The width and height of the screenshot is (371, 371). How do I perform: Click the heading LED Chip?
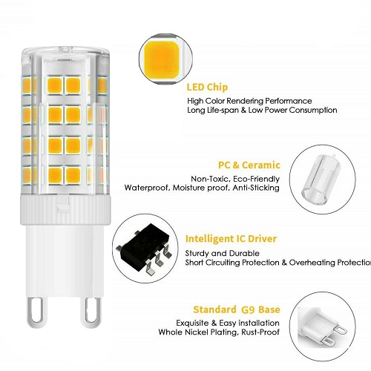pyautogui.click(x=207, y=88)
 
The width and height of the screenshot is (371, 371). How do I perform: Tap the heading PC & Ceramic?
pyautogui.click(x=249, y=165)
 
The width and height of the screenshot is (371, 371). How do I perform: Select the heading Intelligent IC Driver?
pyautogui.click(x=231, y=239)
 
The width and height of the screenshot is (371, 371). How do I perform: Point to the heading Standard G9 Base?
pyautogui.click(x=237, y=309)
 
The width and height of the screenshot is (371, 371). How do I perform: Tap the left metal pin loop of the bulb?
pyautogui.click(x=37, y=312)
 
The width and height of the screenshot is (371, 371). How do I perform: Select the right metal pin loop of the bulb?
pyautogui.click(x=91, y=312)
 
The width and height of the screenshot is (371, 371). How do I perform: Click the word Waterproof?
pyautogui.click(x=147, y=188)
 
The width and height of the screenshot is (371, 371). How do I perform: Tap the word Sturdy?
pyautogui.click(x=197, y=254)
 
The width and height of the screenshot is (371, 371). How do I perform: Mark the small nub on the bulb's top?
pyautogui.click(x=66, y=49)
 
